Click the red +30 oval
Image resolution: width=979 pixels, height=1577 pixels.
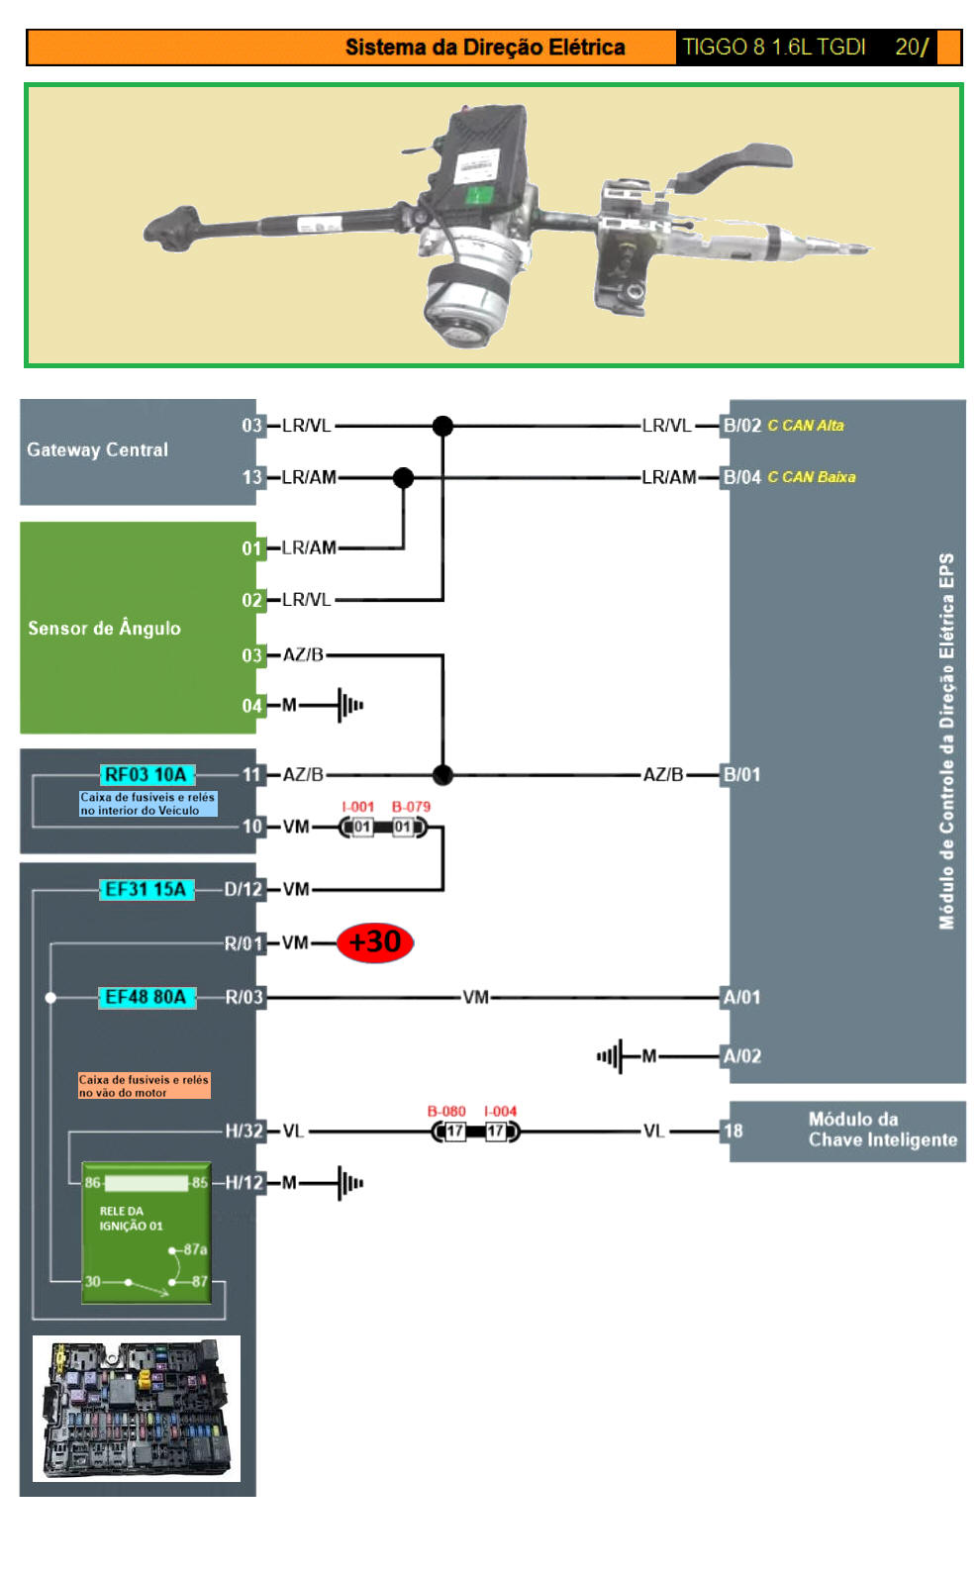pos(374,941)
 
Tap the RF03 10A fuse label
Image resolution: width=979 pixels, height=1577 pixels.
pos(147,774)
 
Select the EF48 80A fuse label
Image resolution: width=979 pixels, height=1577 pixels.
pos(147,997)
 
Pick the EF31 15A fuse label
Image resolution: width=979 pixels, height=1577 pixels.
pos(147,889)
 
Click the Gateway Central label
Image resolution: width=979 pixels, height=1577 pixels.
pos(97,449)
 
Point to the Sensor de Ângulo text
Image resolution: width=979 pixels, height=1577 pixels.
pos(104,628)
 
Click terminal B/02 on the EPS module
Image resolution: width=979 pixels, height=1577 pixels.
pos(741,426)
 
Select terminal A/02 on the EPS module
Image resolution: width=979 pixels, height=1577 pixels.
pos(741,1056)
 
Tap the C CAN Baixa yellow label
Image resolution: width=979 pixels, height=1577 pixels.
pos(811,477)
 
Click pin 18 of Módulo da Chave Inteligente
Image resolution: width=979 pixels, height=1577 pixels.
pos(733,1131)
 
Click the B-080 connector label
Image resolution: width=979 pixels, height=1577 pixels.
pos(446,1111)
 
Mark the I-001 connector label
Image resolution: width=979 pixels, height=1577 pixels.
pos(357,807)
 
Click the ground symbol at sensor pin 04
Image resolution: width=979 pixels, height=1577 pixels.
pos(349,706)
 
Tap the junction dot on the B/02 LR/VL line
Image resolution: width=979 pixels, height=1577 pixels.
pos(442,426)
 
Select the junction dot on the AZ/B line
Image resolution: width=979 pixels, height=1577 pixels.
pos(442,774)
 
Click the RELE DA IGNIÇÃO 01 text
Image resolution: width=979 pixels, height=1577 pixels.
pos(129,1219)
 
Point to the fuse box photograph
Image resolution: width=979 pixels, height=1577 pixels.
pos(137,1408)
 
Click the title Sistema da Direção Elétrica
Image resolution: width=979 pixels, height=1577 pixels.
pos(484,48)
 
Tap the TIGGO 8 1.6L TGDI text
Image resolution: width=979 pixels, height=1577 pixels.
pos(773,48)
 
